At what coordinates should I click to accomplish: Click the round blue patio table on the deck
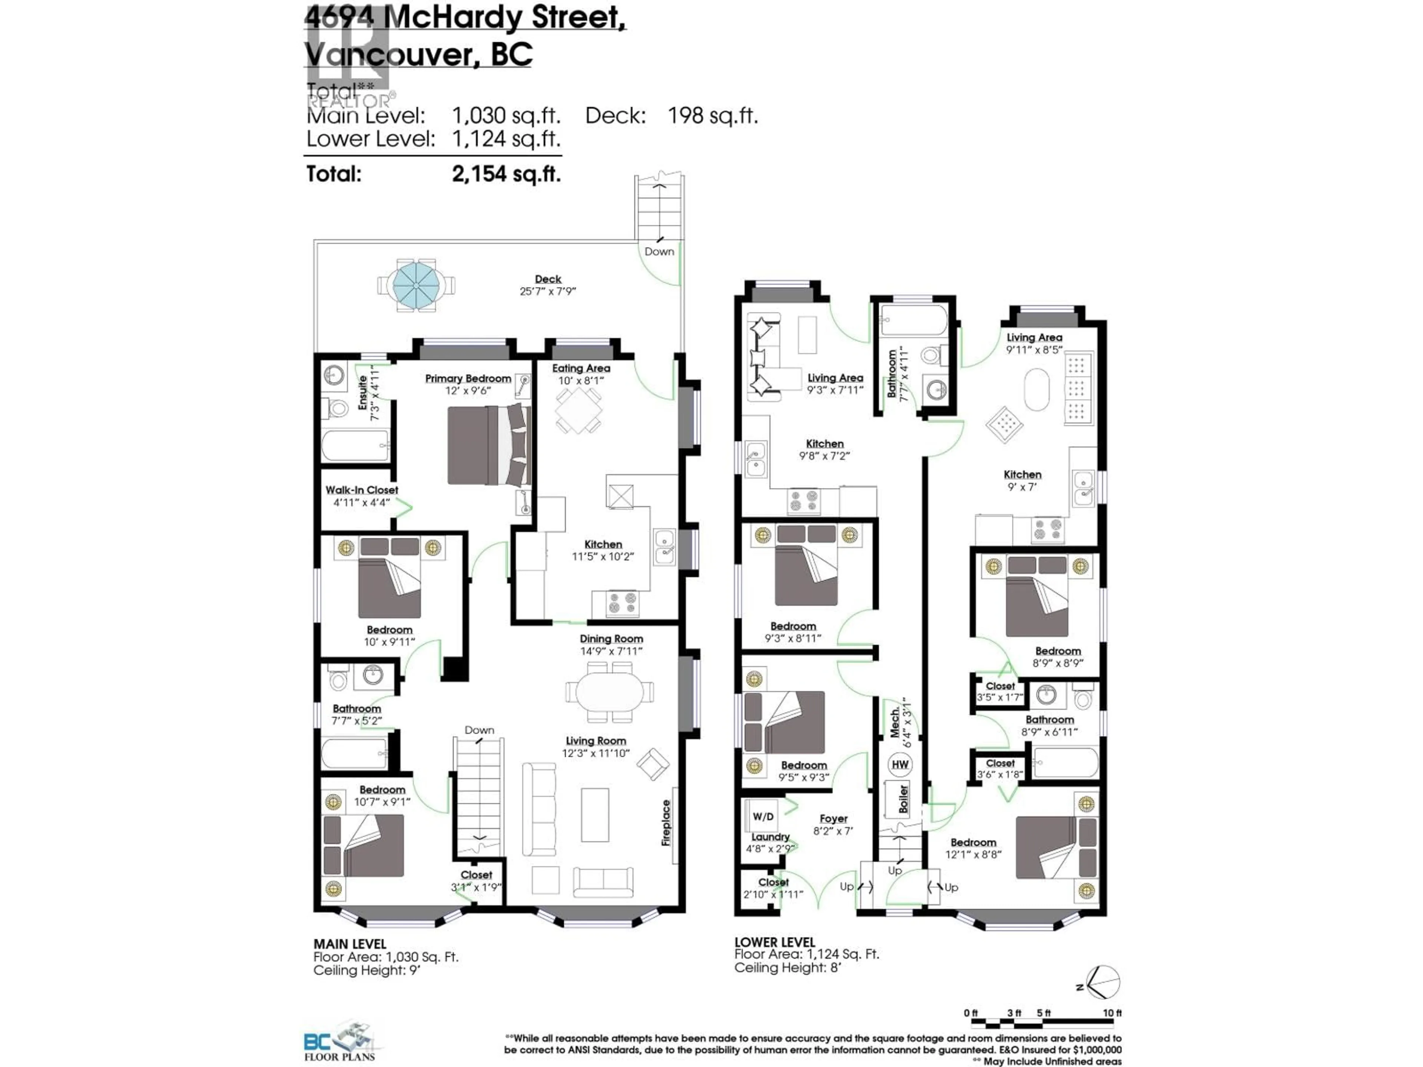tap(415, 284)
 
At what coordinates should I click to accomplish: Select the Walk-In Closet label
tap(362, 490)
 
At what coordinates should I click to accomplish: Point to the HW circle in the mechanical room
tap(900, 764)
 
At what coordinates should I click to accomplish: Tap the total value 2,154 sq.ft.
tap(506, 174)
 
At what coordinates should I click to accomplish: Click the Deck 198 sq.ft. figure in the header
tap(712, 116)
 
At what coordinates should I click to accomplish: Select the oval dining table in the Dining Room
tap(609, 692)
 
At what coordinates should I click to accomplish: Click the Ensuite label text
tap(362, 393)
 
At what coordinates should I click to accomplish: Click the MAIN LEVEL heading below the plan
tap(349, 944)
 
